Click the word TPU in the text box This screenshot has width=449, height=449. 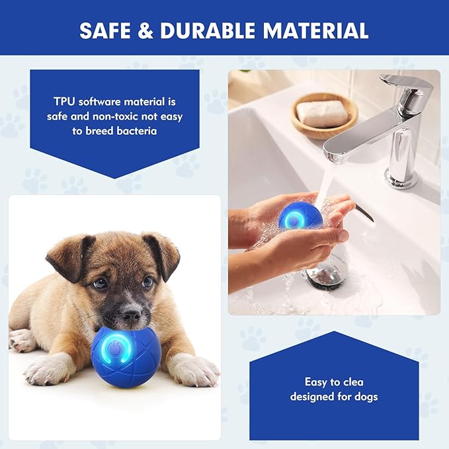pos(65,102)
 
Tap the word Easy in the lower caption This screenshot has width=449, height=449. pos(315,382)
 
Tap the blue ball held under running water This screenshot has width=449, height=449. pos(300,216)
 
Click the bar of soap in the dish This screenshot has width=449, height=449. pos(322,112)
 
